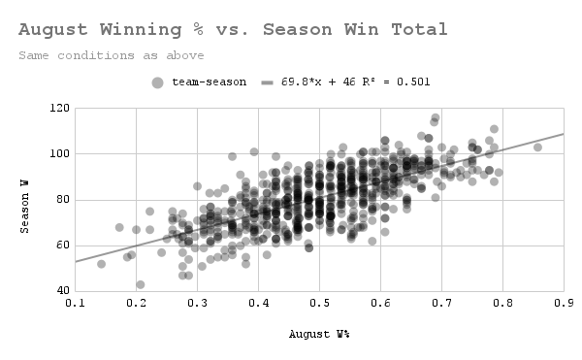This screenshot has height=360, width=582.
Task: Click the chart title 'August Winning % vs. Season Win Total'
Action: (233, 30)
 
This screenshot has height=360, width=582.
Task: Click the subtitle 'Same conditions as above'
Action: (112, 55)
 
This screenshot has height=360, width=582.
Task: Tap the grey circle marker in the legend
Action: (158, 82)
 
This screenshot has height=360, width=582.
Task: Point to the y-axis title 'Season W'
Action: (28, 199)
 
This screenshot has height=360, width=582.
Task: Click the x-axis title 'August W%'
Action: (319, 335)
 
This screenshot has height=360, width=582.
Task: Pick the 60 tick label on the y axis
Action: (60, 245)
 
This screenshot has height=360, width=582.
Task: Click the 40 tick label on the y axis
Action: (60, 291)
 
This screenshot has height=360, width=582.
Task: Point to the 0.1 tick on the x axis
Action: (76, 303)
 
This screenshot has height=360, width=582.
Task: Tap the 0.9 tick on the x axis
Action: (563, 303)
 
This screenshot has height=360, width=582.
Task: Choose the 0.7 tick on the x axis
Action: (441, 303)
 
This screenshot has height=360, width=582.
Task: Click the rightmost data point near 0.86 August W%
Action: (537, 147)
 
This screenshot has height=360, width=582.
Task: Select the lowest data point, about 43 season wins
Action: (141, 284)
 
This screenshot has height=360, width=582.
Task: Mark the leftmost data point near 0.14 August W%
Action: (101, 264)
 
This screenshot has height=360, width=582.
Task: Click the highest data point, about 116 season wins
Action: (436, 117)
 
